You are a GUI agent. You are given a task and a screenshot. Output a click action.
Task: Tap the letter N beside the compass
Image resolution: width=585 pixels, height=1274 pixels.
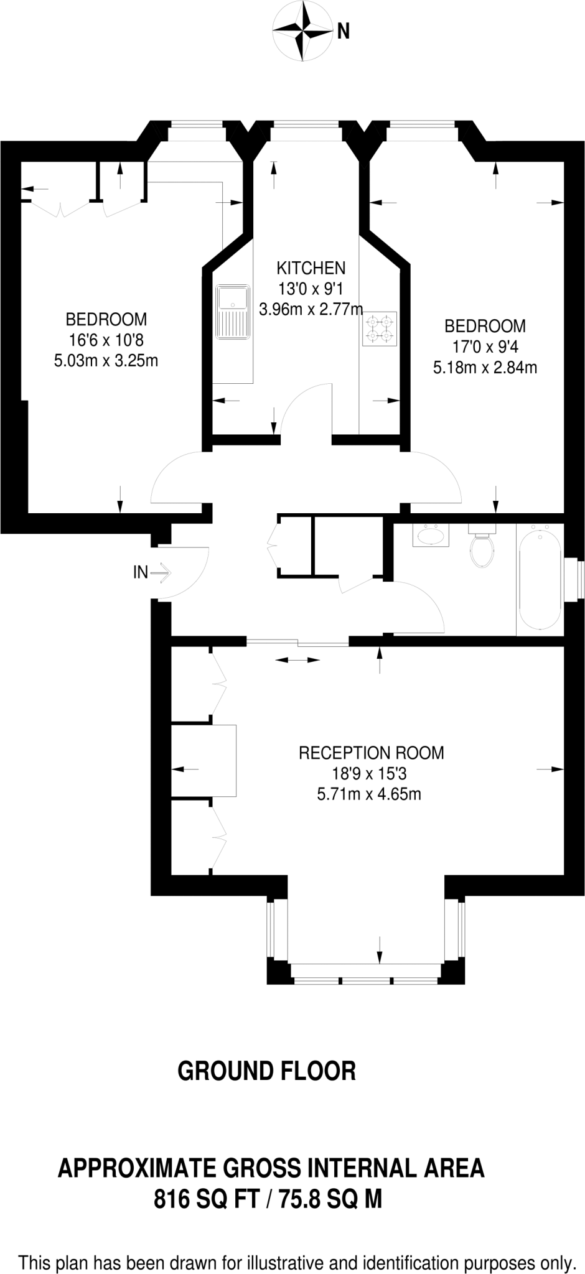343,31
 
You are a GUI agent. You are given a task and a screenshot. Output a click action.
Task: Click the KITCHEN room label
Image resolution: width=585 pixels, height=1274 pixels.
311,268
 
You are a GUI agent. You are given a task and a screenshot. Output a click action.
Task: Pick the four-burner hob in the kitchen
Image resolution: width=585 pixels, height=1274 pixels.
380,328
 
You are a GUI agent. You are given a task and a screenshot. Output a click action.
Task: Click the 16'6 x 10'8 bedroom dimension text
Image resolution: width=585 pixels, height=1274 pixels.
106,340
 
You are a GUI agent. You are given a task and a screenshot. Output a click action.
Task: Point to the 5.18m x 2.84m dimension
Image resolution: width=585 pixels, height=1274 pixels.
485,368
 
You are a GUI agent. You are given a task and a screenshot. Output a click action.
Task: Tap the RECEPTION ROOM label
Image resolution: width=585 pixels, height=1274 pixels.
372,753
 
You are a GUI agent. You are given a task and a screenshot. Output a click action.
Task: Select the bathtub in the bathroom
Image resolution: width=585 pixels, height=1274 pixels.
540,579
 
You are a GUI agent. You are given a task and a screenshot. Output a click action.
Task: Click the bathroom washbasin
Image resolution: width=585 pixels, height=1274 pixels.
430,536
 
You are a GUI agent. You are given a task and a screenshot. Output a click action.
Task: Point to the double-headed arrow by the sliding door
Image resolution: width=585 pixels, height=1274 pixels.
297,660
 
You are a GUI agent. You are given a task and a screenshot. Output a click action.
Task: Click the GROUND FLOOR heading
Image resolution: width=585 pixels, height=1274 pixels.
266,1071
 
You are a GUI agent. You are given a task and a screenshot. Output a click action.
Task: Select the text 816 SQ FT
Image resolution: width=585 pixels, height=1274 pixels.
206,1197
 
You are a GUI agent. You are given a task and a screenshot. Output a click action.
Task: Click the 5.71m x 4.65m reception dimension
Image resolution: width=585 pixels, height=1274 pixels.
369,794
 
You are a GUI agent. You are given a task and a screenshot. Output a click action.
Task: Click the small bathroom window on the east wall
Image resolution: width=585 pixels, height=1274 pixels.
579,579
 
